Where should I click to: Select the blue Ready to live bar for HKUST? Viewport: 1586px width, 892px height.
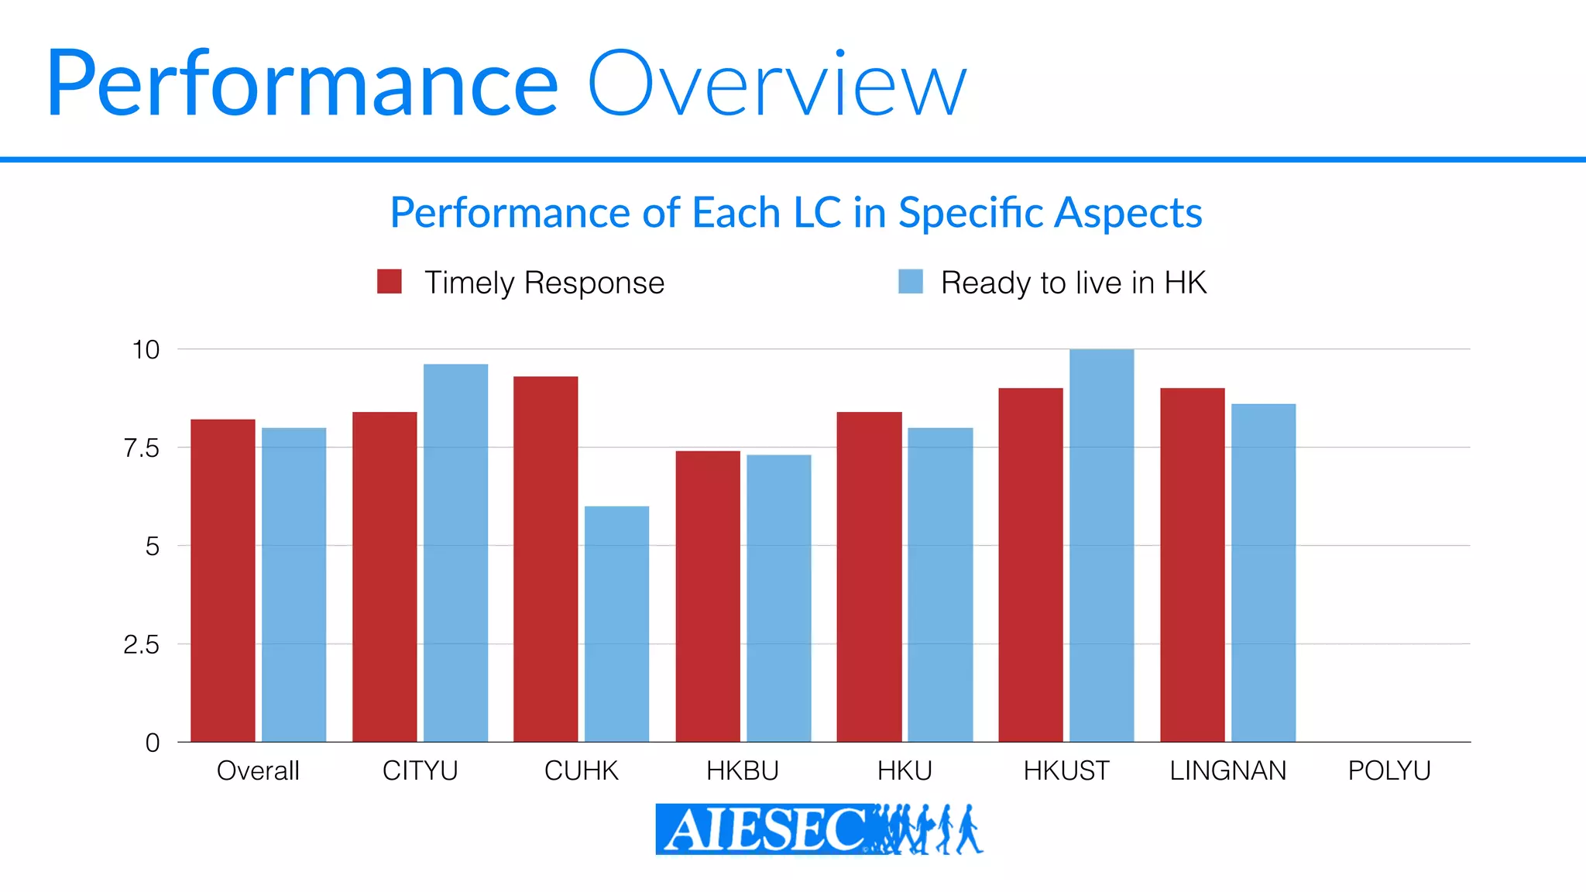click(1101, 545)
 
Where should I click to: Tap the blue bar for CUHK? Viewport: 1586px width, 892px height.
click(616, 624)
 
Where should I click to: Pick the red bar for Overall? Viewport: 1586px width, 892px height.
click(222, 581)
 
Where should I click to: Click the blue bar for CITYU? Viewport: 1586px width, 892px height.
click(455, 553)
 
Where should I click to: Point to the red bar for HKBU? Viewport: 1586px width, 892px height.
click(707, 596)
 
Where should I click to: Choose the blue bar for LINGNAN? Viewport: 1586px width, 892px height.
click(1263, 573)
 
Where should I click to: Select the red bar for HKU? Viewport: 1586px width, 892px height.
click(869, 577)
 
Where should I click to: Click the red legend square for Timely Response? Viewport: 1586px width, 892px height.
click(389, 282)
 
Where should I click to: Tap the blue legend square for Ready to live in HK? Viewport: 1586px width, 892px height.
click(910, 282)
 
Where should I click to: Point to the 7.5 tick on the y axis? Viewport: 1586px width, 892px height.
click(141, 448)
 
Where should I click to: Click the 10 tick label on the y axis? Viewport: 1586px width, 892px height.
click(146, 350)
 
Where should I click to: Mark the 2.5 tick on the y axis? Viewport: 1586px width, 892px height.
click(141, 644)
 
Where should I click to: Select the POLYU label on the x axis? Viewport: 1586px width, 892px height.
click(1389, 770)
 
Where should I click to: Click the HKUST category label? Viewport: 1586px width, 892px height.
click(1066, 770)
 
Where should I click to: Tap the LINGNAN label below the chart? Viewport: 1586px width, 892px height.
click(1227, 770)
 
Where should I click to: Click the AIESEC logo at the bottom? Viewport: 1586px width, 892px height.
click(818, 829)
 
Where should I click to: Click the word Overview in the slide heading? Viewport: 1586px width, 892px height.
click(777, 84)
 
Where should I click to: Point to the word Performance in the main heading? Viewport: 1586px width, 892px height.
click(302, 84)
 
